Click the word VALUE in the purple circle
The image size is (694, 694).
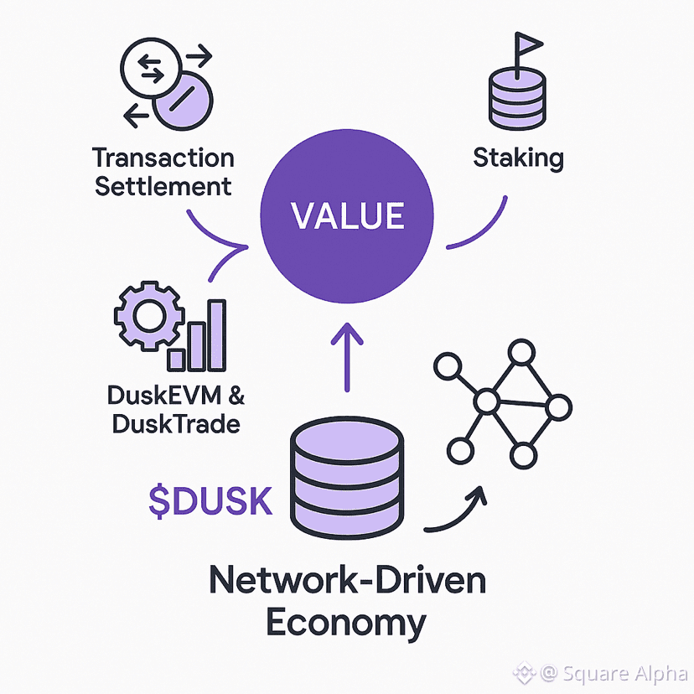click(347, 215)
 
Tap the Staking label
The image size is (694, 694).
click(518, 157)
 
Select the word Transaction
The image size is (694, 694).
click(163, 158)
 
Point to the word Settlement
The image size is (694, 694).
click(163, 185)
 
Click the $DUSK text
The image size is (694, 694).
click(210, 500)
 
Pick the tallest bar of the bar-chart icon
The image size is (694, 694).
click(215, 335)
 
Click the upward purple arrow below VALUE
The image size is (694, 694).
click(348, 356)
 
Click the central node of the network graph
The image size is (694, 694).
click(485, 403)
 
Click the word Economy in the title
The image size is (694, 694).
click(346, 623)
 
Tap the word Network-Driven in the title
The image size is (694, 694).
click(346, 581)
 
